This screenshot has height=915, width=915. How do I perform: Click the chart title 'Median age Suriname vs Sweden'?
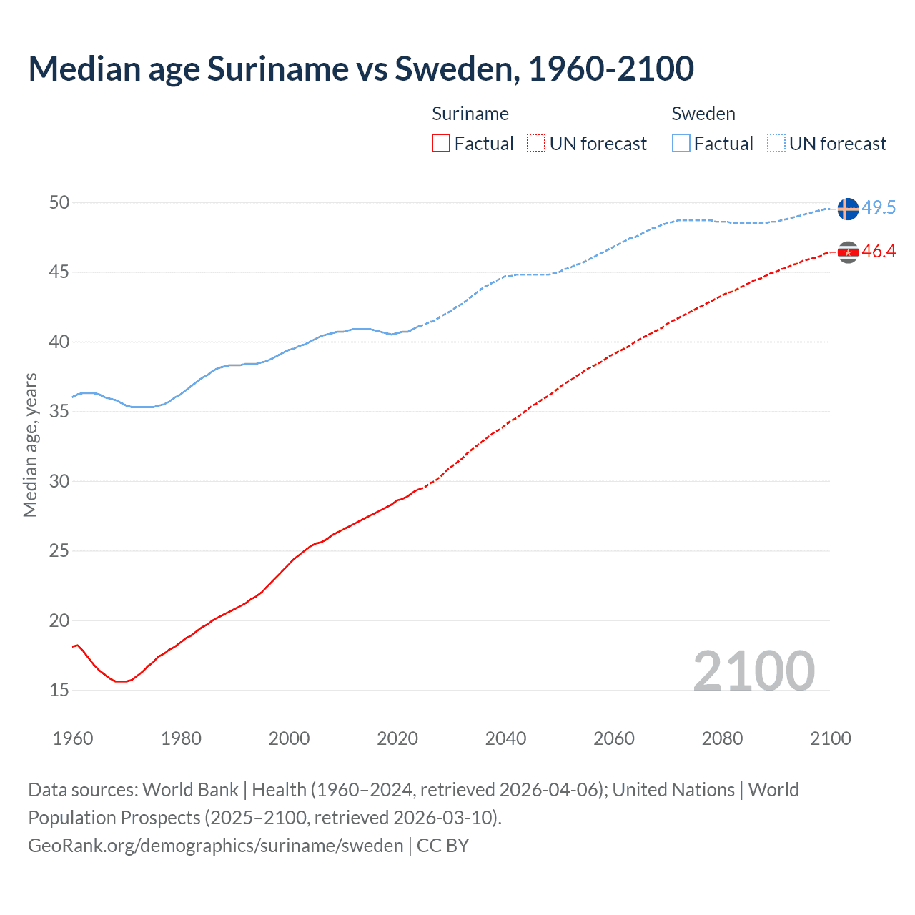361,69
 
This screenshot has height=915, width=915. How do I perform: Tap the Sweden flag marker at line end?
847,209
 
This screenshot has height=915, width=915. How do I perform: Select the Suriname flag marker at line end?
847,252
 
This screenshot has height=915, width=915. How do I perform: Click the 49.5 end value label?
879,208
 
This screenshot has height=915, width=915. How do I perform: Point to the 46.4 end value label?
879,252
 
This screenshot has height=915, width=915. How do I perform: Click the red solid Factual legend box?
441,144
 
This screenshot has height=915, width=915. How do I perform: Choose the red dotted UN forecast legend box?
536,144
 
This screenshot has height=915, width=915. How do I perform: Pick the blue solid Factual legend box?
681,144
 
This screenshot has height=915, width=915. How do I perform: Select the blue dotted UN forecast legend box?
776,144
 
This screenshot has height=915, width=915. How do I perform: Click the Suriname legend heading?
470,114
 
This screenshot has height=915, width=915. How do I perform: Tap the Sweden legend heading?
703,114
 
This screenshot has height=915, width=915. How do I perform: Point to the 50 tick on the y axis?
59,203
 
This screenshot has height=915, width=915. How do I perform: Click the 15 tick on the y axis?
59,691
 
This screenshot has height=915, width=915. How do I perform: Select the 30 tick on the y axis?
59,482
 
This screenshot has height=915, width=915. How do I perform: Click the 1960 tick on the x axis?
73,738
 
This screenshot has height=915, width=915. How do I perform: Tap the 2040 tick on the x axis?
505,738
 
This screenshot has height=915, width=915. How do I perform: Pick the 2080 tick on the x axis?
722,738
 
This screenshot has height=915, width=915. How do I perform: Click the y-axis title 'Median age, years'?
30,445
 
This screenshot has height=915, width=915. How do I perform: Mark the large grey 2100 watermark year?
753,671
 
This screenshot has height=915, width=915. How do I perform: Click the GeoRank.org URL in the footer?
216,846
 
